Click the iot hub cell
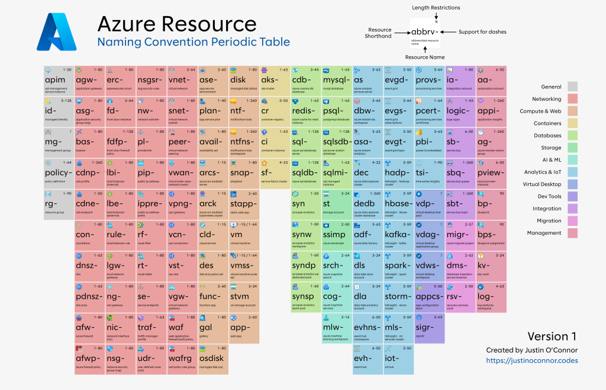tap(398, 358)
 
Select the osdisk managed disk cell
tap(213, 358)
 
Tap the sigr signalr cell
tap(428, 327)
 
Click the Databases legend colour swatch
tap(572, 136)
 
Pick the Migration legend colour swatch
tap(572, 221)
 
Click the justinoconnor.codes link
tap(532, 360)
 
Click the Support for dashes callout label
tap(482, 31)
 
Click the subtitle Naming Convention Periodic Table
tap(194, 42)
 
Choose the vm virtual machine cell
tap(244, 234)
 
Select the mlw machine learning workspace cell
tap(336, 327)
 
